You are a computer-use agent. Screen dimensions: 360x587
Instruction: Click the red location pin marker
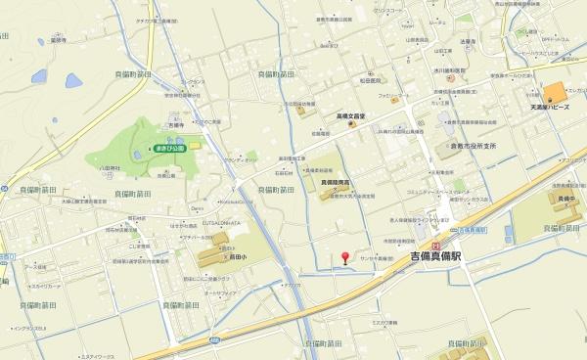[x=344, y=258]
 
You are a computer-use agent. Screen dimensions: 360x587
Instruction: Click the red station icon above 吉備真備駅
[x=436, y=247]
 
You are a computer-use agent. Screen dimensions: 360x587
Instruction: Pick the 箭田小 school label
[x=227, y=249]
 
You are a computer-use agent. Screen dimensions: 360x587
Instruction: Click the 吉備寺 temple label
[x=175, y=124]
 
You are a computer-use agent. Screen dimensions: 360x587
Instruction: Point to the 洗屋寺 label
[x=467, y=41]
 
